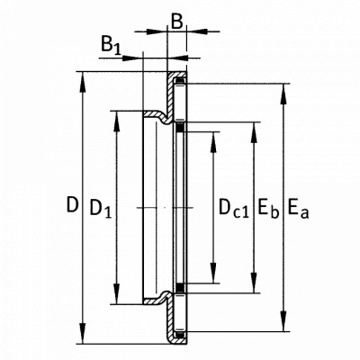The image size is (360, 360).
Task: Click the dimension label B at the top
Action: coord(177,22)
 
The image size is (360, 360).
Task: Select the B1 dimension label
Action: coord(111,45)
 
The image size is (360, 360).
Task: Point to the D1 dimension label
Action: coord(101,208)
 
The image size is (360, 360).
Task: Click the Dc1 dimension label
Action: coord(234,208)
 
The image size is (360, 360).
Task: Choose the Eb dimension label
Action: coord(268,208)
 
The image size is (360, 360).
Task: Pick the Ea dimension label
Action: coord(298,208)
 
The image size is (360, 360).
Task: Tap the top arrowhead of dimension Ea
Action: coord(283,94)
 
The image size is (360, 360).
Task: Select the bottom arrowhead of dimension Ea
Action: coord(283,321)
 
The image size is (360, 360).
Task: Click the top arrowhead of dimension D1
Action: coord(117,121)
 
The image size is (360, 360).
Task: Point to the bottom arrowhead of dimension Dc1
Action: coord(213,273)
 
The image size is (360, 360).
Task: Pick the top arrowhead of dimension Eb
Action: coord(254,132)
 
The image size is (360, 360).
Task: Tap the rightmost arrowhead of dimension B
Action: coord(197,31)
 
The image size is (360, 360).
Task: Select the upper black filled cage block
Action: coord(180,128)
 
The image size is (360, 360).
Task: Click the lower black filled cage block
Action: coord(180,287)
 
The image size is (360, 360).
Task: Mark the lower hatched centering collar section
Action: coord(158,298)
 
